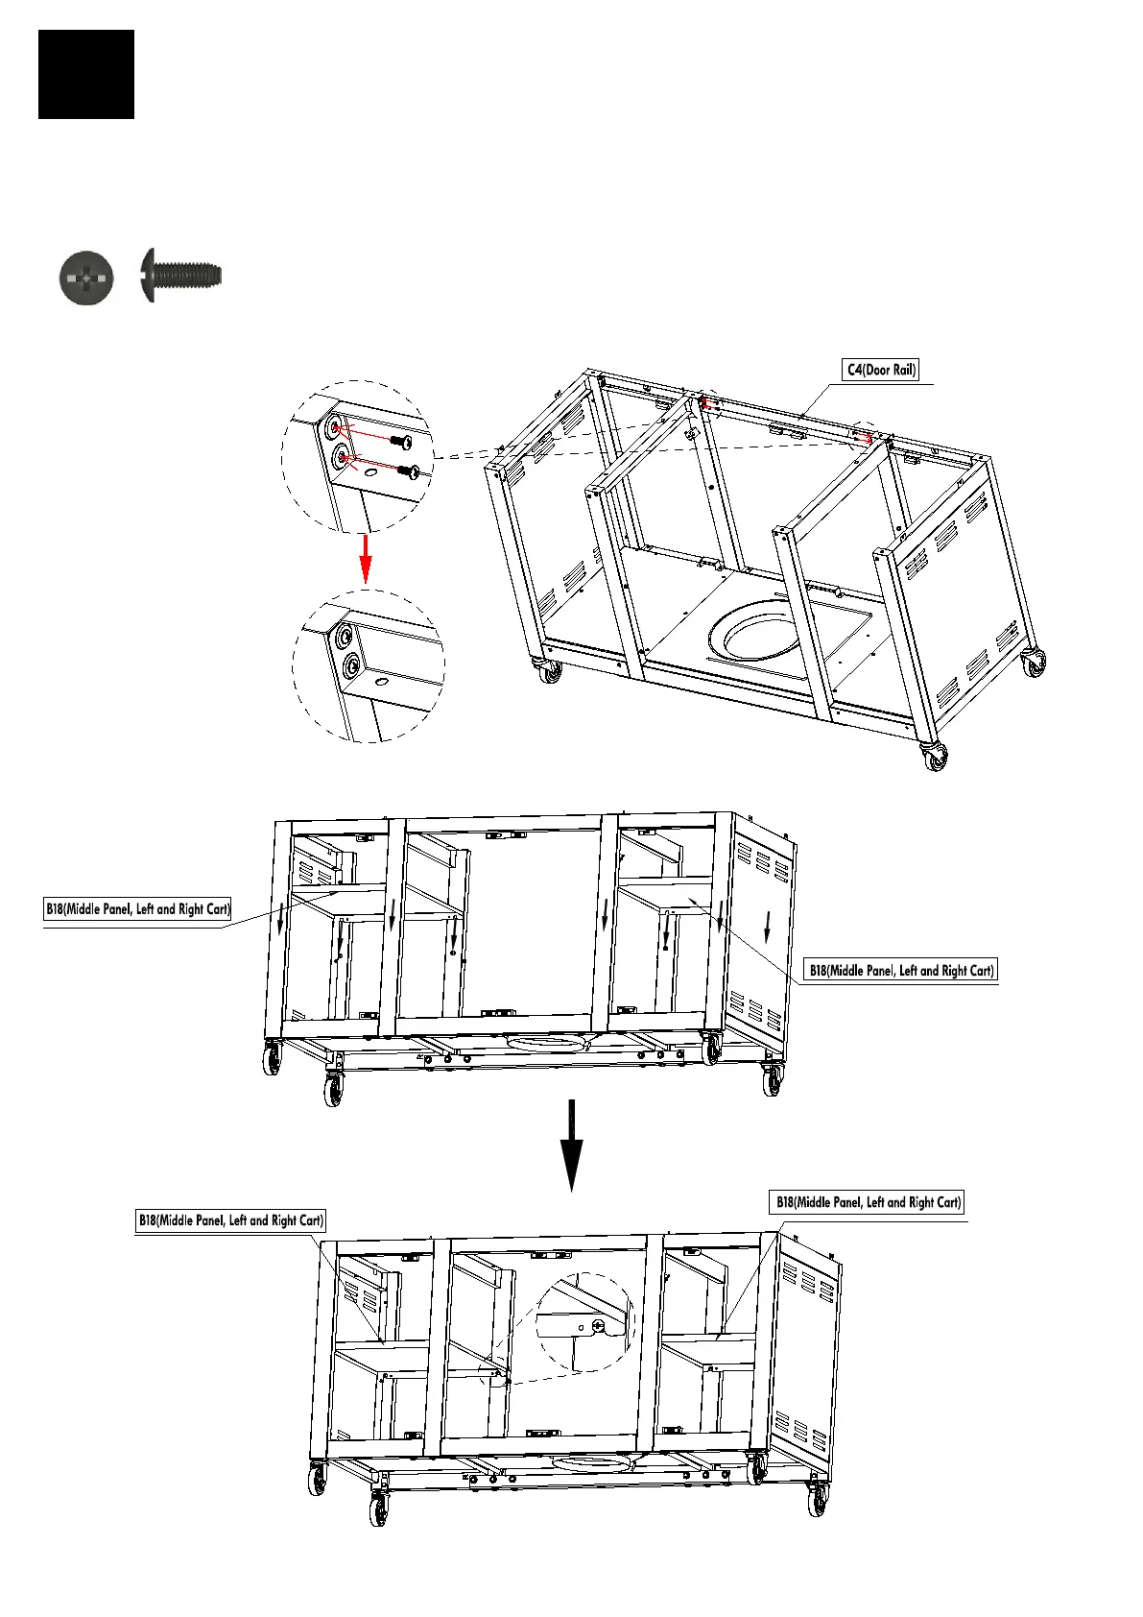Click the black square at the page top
tap(86, 74)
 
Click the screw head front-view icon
tap(86, 278)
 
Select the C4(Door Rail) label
tap(881, 370)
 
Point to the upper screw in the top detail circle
tap(403, 441)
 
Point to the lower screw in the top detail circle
tap(410, 471)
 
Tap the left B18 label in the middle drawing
tap(138, 908)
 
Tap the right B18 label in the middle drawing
tap(900, 970)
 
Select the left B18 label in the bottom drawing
tap(230, 1220)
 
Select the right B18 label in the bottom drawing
tap(868, 1202)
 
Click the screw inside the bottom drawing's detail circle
tap(599, 1326)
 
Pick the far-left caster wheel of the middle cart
tap(273, 1060)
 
